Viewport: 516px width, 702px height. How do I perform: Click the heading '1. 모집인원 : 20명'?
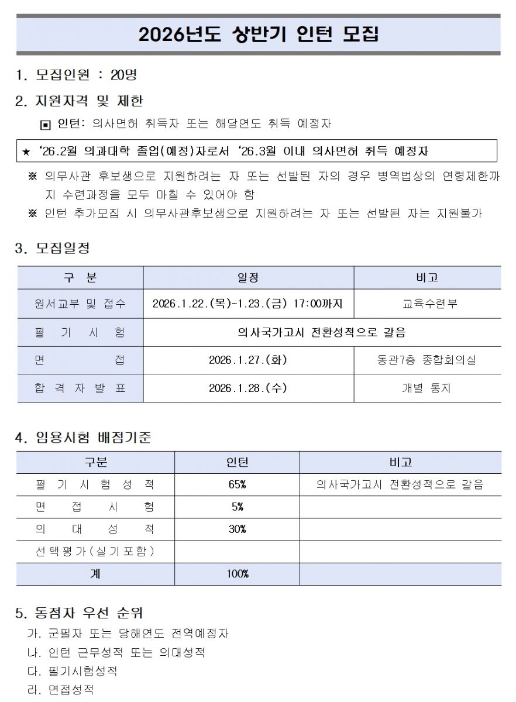77,75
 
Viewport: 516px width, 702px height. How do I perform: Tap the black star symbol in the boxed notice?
26,152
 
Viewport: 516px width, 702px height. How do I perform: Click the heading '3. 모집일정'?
53,248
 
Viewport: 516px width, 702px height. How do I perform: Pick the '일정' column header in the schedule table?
248,277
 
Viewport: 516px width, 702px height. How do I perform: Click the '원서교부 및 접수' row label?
80,304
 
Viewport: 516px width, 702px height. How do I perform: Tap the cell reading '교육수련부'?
426,304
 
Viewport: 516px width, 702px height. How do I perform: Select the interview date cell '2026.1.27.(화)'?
248,360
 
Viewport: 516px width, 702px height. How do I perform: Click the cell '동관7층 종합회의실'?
426,360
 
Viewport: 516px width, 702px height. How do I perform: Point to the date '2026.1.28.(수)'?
248,388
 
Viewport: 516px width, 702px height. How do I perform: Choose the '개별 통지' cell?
426,388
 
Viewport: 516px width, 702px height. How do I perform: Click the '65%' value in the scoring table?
237,484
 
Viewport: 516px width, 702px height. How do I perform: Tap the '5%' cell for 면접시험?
237,507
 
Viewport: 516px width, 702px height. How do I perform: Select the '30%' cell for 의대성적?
237,529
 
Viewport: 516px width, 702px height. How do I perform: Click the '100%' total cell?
237,574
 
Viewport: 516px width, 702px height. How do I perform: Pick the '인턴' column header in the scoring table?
237,462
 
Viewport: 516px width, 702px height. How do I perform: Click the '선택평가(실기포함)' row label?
95,551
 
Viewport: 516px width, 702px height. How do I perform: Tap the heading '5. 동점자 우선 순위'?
79,613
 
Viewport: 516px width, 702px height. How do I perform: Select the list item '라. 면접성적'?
61,690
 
